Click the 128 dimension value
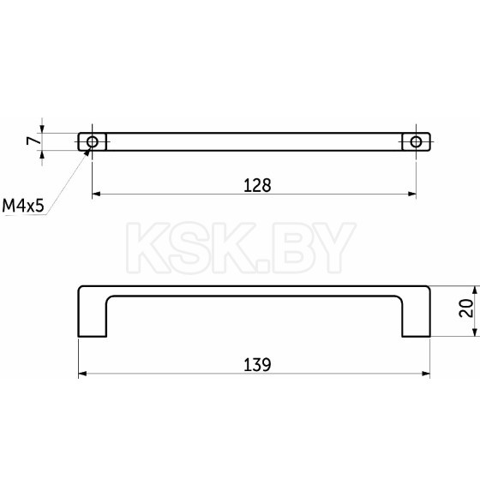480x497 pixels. coord(257,185)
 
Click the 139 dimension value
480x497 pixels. coord(257,365)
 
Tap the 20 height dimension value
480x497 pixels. coord(465,308)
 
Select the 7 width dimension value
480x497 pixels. coord(33,141)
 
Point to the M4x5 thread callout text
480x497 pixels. coord(23,206)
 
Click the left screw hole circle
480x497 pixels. coord(93,141)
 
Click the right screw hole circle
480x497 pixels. coord(416,141)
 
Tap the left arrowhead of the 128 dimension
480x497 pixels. coord(96,194)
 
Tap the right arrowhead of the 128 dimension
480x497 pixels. coord(412,194)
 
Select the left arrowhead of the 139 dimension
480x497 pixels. coord(82,374)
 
